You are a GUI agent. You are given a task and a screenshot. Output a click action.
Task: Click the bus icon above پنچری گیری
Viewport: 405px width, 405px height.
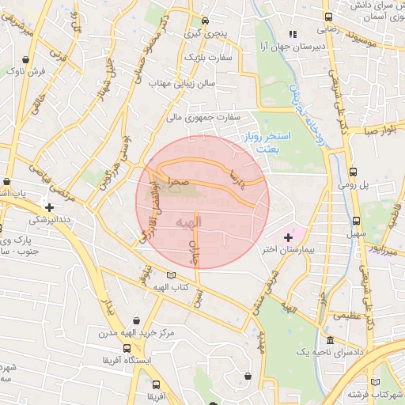click(206, 21)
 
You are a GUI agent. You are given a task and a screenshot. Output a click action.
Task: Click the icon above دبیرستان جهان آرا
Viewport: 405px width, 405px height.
click(292, 34)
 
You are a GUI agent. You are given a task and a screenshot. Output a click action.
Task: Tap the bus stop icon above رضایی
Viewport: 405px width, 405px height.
click(328, 17)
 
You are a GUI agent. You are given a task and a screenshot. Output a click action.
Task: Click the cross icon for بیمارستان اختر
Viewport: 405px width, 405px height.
click(288, 237)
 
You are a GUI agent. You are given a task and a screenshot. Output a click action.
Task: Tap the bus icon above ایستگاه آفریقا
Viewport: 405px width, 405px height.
click(127, 347)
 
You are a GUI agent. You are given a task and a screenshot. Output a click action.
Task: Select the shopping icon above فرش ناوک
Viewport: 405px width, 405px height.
click(28, 59)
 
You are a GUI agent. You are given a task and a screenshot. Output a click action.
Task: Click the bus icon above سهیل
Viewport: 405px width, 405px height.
click(356, 221)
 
